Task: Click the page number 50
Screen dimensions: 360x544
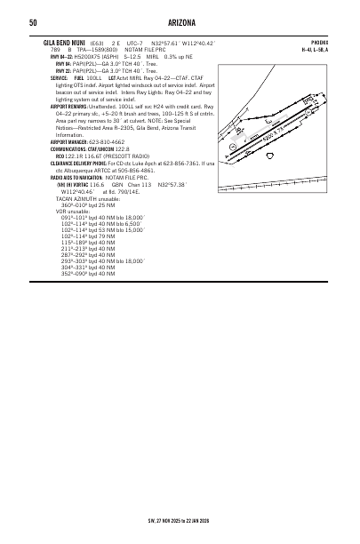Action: pos(32,23)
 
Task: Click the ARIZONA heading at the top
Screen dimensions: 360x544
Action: pos(180,23)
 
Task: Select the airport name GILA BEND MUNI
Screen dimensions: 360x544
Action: pos(65,42)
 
